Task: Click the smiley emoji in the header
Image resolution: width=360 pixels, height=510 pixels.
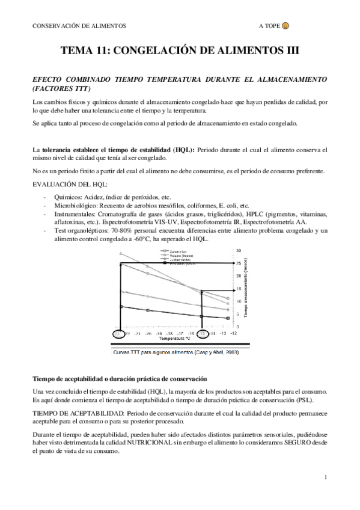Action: [286, 26]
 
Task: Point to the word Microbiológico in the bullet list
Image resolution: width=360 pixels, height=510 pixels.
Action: [76, 204]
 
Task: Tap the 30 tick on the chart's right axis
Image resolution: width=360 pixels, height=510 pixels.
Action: [238, 250]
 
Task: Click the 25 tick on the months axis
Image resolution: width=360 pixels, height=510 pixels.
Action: [238, 263]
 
